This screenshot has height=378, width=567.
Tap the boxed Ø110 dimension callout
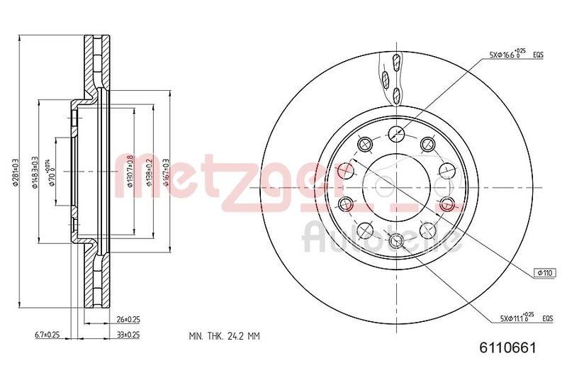click(544, 272)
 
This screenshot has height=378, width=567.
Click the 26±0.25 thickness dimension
click(128, 320)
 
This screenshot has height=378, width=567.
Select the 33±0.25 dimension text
click(128, 334)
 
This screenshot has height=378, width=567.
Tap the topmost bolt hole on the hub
click(396, 131)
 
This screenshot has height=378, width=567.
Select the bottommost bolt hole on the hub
click(396, 240)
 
